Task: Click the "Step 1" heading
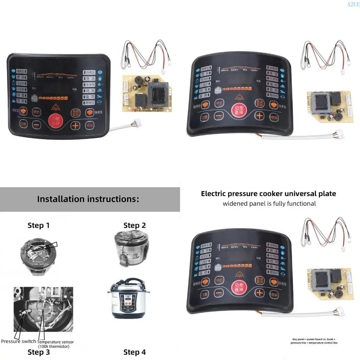(38, 225)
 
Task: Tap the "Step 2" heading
(134, 225)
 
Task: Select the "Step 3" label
(38, 352)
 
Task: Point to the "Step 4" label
(134, 352)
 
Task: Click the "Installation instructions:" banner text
(88, 199)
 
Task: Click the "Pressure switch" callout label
(18, 341)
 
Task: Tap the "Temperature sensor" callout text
(56, 342)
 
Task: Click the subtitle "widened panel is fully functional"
(269, 204)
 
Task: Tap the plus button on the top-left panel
(75, 124)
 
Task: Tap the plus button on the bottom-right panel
(259, 292)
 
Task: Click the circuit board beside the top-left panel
(147, 94)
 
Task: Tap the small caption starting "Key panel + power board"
(315, 341)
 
